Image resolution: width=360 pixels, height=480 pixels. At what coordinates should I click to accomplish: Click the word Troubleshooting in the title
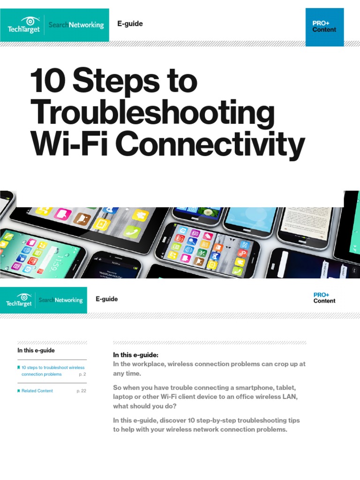coord(152,113)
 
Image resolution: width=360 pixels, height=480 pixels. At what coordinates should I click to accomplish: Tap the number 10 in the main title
coord(49,82)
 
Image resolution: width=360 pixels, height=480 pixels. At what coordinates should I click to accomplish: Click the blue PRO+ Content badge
coord(324,27)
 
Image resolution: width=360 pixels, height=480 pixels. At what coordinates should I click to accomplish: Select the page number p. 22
coord(81,391)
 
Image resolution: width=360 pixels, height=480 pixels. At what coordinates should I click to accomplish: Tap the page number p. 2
coord(82,375)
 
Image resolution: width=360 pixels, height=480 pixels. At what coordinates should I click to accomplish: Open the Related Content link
coord(37,391)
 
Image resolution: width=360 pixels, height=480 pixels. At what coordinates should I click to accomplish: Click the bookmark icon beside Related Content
coord(18,390)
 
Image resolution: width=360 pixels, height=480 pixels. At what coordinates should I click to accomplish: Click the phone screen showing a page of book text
coord(305,220)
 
